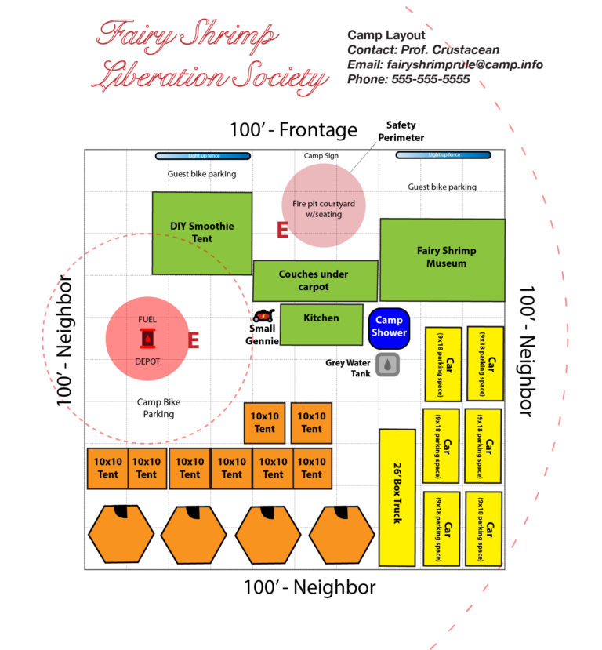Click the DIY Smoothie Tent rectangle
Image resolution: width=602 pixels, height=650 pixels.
pos(201,233)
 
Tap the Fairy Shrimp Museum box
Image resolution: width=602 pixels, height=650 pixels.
pos(442,257)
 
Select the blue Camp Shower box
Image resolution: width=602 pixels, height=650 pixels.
pos(389,326)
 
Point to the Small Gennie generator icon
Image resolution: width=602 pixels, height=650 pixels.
pos(264,316)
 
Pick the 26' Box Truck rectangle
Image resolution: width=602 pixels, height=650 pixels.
pos(397,497)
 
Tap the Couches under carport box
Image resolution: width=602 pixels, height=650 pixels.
pos(314,281)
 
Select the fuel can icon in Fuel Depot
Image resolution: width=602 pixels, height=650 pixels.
pos(147,339)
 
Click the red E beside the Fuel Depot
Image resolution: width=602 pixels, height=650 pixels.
pos(193,340)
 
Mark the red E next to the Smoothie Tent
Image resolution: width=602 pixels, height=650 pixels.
pos(283,230)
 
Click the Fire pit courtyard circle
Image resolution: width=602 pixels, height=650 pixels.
pos(324,206)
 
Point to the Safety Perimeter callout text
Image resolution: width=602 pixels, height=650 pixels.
pos(404,131)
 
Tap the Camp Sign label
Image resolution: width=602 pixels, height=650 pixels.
pos(321,156)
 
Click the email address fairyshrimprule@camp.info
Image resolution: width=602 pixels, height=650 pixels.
pos(445,64)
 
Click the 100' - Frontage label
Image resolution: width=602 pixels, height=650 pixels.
pos(293,130)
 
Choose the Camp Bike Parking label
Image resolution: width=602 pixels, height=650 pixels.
pos(158,408)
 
